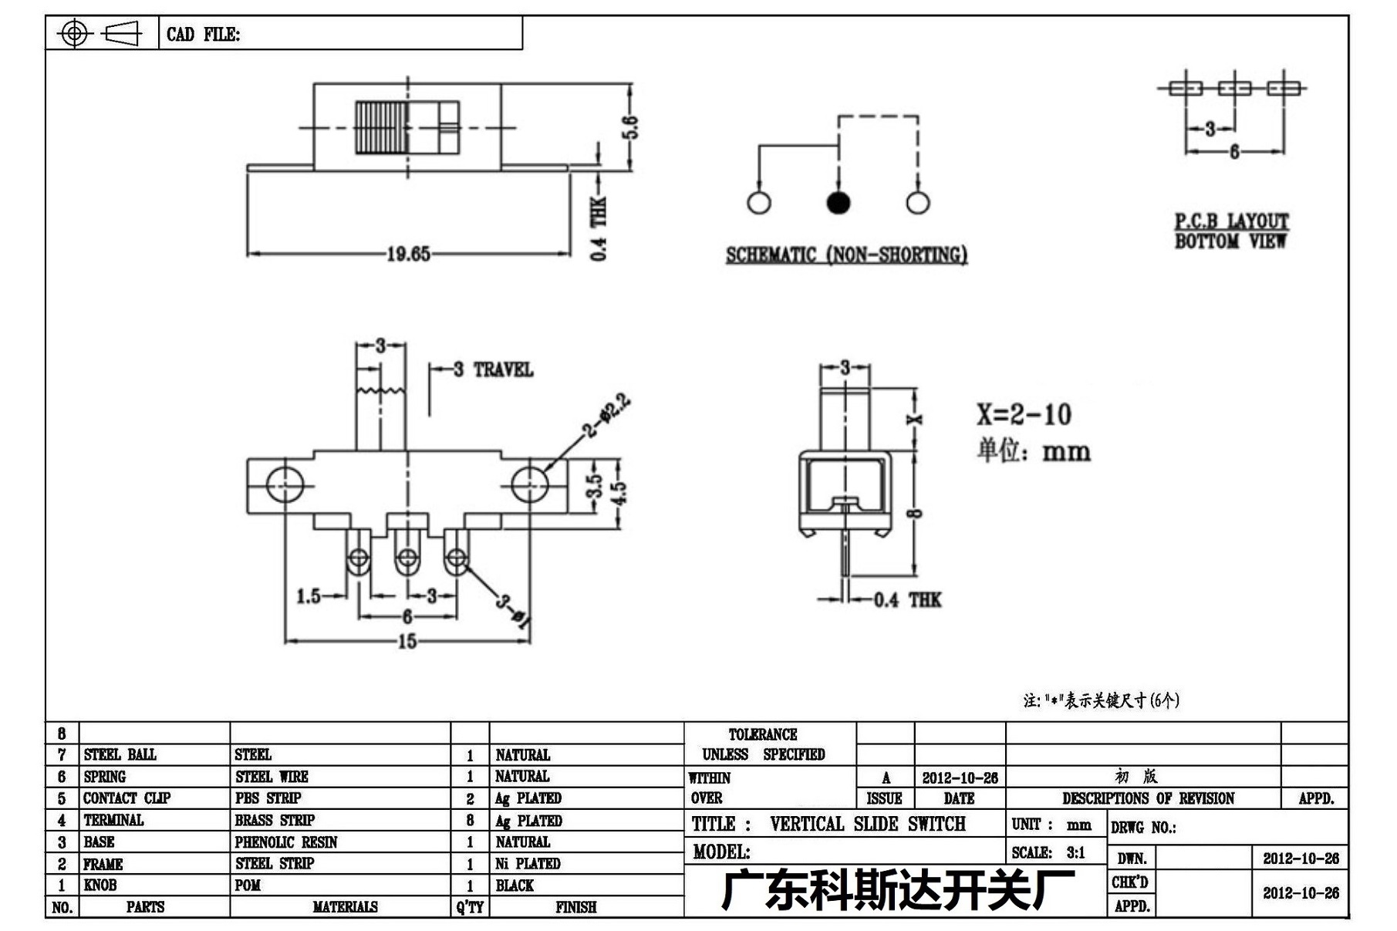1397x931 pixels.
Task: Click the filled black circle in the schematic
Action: [839, 203]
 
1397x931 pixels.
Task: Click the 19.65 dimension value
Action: [408, 254]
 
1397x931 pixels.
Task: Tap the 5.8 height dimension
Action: [630, 127]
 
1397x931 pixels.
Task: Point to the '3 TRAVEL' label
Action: [493, 369]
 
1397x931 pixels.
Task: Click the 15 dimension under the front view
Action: [407, 641]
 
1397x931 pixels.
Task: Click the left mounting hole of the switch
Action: [285, 484]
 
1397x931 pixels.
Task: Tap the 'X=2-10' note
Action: [1024, 415]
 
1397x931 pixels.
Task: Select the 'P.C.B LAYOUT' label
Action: [1231, 221]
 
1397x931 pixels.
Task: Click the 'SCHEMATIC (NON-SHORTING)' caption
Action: [846, 255]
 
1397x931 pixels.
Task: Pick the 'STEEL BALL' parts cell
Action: [120, 754]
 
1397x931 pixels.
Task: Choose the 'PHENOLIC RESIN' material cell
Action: [286, 842]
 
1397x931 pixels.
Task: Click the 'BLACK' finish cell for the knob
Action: [515, 885]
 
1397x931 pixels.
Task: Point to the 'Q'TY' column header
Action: [470, 907]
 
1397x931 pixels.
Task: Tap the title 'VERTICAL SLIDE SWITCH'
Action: [868, 824]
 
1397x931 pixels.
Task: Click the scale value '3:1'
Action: [1076, 852]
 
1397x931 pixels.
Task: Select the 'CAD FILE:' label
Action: [203, 34]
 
